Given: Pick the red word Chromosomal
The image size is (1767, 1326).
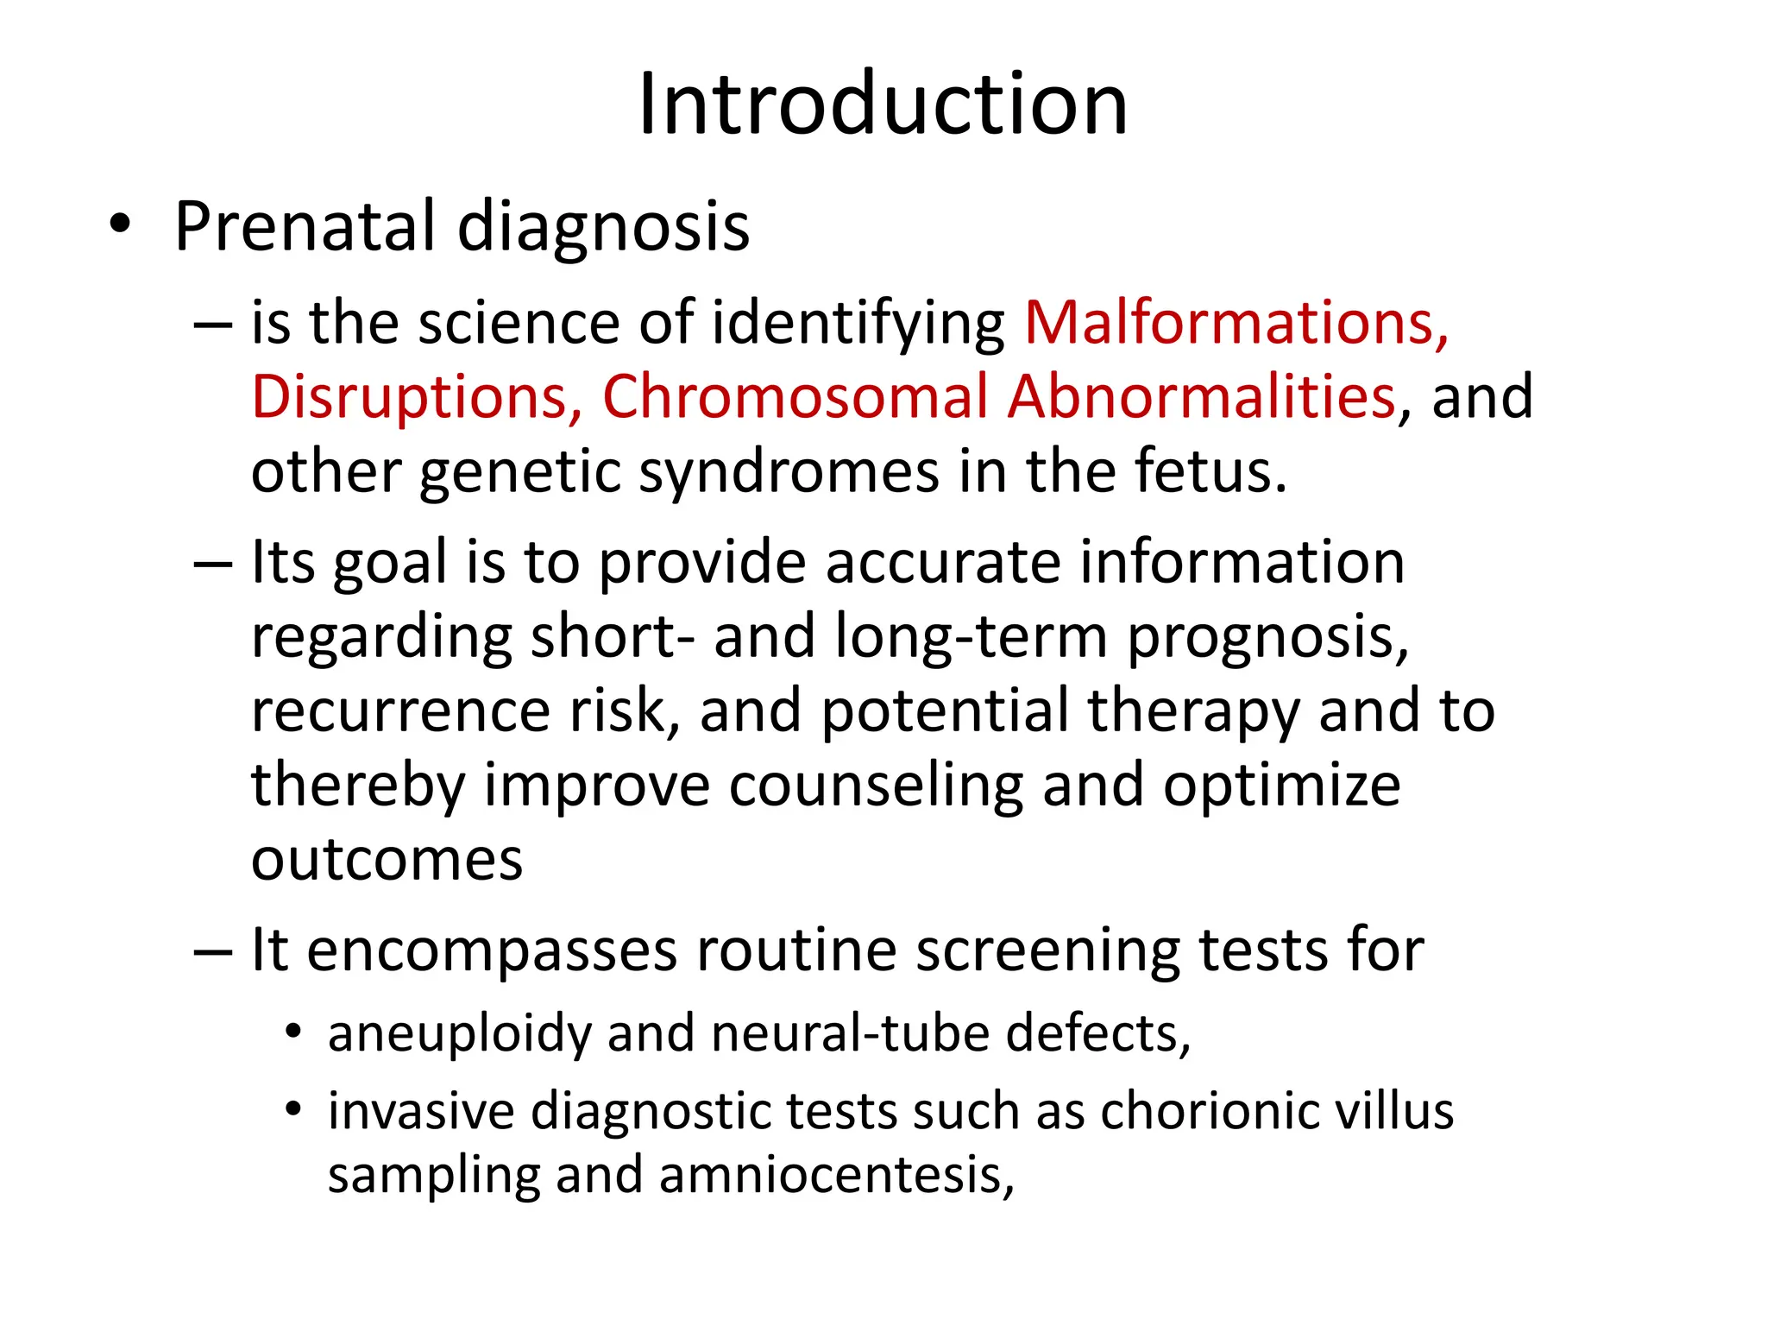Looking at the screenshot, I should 795,397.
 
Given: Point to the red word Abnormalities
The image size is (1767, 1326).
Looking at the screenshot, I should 1201,397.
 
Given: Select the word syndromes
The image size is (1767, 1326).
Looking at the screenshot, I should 788,473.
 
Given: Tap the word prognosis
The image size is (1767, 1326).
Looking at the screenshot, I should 1268,637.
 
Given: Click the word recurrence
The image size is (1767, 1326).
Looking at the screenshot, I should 400,711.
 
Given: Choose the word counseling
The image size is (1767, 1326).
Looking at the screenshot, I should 875,786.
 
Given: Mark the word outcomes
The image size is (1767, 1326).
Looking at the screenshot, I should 387,860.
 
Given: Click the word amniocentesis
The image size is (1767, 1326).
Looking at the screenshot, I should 836,1176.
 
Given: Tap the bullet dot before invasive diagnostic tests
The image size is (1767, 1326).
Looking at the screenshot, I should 294,1108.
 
